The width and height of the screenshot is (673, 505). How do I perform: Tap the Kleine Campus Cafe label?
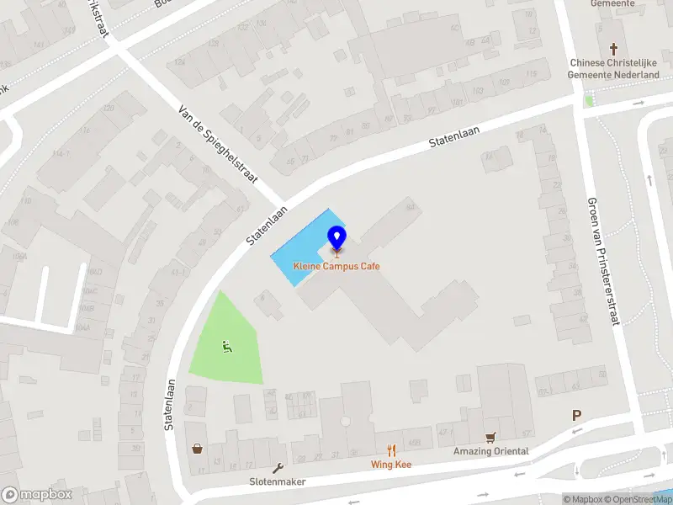pyautogui.click(x=336, y=267)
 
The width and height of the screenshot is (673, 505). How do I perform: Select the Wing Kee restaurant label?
pyautogui.click(x=392, y=464)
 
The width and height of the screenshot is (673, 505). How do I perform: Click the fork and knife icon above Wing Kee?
pyautogui.click(x=391, y=450)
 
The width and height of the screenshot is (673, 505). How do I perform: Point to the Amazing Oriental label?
pyautogui.click(x=491, y=452)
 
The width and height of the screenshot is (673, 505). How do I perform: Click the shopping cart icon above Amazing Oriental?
pyautogui.click(x=490, y=438)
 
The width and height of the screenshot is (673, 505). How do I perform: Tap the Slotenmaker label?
pyautogui.click(x=277, y=481)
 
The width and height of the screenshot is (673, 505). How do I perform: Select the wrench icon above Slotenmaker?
pyautogui.click(x=278, y=468)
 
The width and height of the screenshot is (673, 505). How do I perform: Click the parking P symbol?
pyautogui.click(x=577, y=415)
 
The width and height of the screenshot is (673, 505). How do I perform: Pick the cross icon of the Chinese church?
pyautogui.click(x=614, y=49)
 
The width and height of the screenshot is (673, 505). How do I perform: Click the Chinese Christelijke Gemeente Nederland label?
pyautogui.click(x=614, y=68)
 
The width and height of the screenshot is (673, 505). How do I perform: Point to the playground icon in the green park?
pyautogui.click(x=225, y=345)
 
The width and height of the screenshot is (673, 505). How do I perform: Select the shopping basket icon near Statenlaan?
pyautogui.click(x=198, y=449)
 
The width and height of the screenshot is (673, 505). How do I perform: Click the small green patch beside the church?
pyautogui.click(x=589, y=101)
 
